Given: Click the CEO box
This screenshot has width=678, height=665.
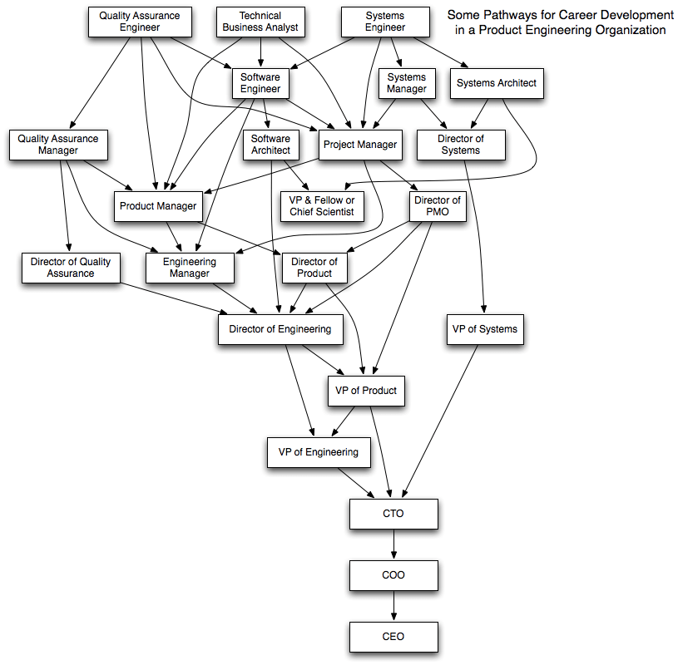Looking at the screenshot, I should pyautogui.click(x=393, y=637).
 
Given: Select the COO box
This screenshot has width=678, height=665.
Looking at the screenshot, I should pyautogui.click(x=393, y=575).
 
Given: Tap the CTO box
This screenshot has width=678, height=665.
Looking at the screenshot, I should pyautogui.click(x=393, y=514).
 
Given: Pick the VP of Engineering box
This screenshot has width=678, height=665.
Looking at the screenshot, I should pyautogui.click(x=319, y=452).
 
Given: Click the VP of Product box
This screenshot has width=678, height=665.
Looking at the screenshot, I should pyautogui.click(x=366, y=391).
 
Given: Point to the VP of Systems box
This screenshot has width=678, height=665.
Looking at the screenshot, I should pyautogui.click(x=485, y=329).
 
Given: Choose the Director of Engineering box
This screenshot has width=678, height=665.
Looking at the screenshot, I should pyautogui.click(x=280, y=329).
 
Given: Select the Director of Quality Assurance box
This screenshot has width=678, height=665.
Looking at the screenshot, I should pyautogui.click(x=71, y=268).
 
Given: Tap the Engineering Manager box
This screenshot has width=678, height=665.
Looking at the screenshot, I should pyautogui.click(x=190, y=268).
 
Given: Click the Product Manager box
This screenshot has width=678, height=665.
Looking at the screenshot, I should pyautogui.click(x=158, y=206).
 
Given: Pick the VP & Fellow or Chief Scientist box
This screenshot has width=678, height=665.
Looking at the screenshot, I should pyautogui.click(x=322, y=206).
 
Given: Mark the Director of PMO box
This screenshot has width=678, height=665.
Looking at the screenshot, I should pyautogui.click(x=438, y=206).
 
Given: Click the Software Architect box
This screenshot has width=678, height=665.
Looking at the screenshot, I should pyautogui.click(x=271, y=145).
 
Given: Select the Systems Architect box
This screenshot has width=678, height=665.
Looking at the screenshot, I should pyautogui.click(x=497, y=83).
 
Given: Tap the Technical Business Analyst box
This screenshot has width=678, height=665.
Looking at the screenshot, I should pyautogui.click(x=260, y=22).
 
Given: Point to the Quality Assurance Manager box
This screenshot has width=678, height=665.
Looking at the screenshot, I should pyautogui.click(x=58, y=145).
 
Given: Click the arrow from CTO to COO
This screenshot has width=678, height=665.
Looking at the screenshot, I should pyautogui.click(x=393, y=544).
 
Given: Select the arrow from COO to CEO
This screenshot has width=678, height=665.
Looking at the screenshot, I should pyautogui.click(x=393, y=606).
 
